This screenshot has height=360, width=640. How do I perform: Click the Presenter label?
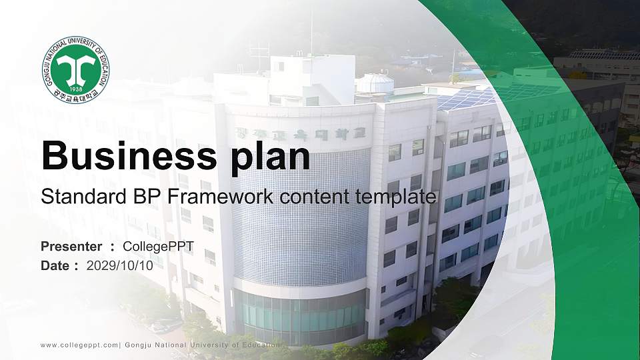click(x=71, y=247)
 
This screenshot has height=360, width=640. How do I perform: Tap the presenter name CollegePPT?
click(x=158, y=247)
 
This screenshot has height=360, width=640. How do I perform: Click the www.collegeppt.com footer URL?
click(x=79, y=345)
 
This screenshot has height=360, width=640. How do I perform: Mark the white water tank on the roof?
click(x=375, y=83)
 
